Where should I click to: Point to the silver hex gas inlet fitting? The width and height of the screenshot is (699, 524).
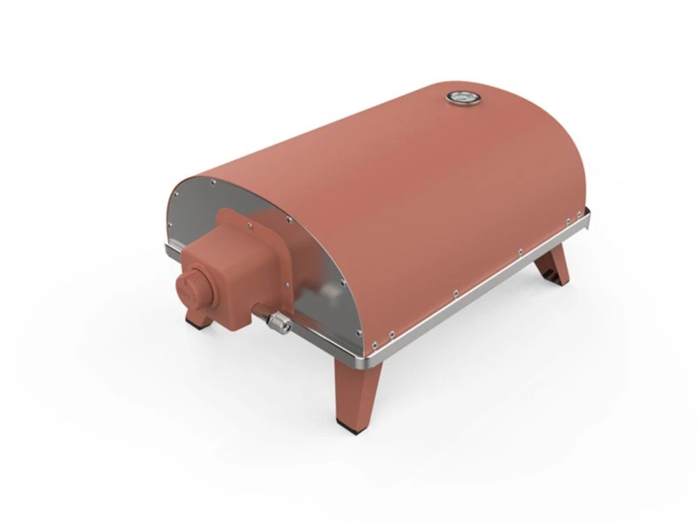(x=278, y=321)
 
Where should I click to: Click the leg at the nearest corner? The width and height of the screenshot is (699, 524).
(x=351, y=391)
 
